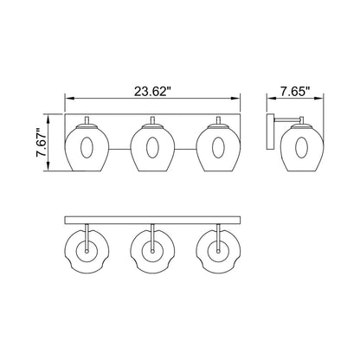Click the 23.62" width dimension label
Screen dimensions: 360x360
(153, 87)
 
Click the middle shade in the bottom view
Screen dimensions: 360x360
(152, 252)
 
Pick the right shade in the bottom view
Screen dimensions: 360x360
(218, 252)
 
